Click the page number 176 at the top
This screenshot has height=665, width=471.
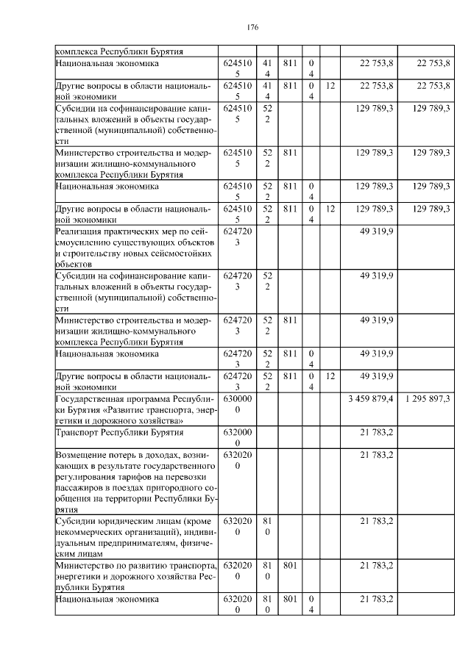pyautogui.click(x=252, y=27)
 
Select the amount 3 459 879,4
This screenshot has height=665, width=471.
pyautogui.click(x=371, y=398)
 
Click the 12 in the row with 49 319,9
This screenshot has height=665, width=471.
pyautogui.click(x=330, y=376)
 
